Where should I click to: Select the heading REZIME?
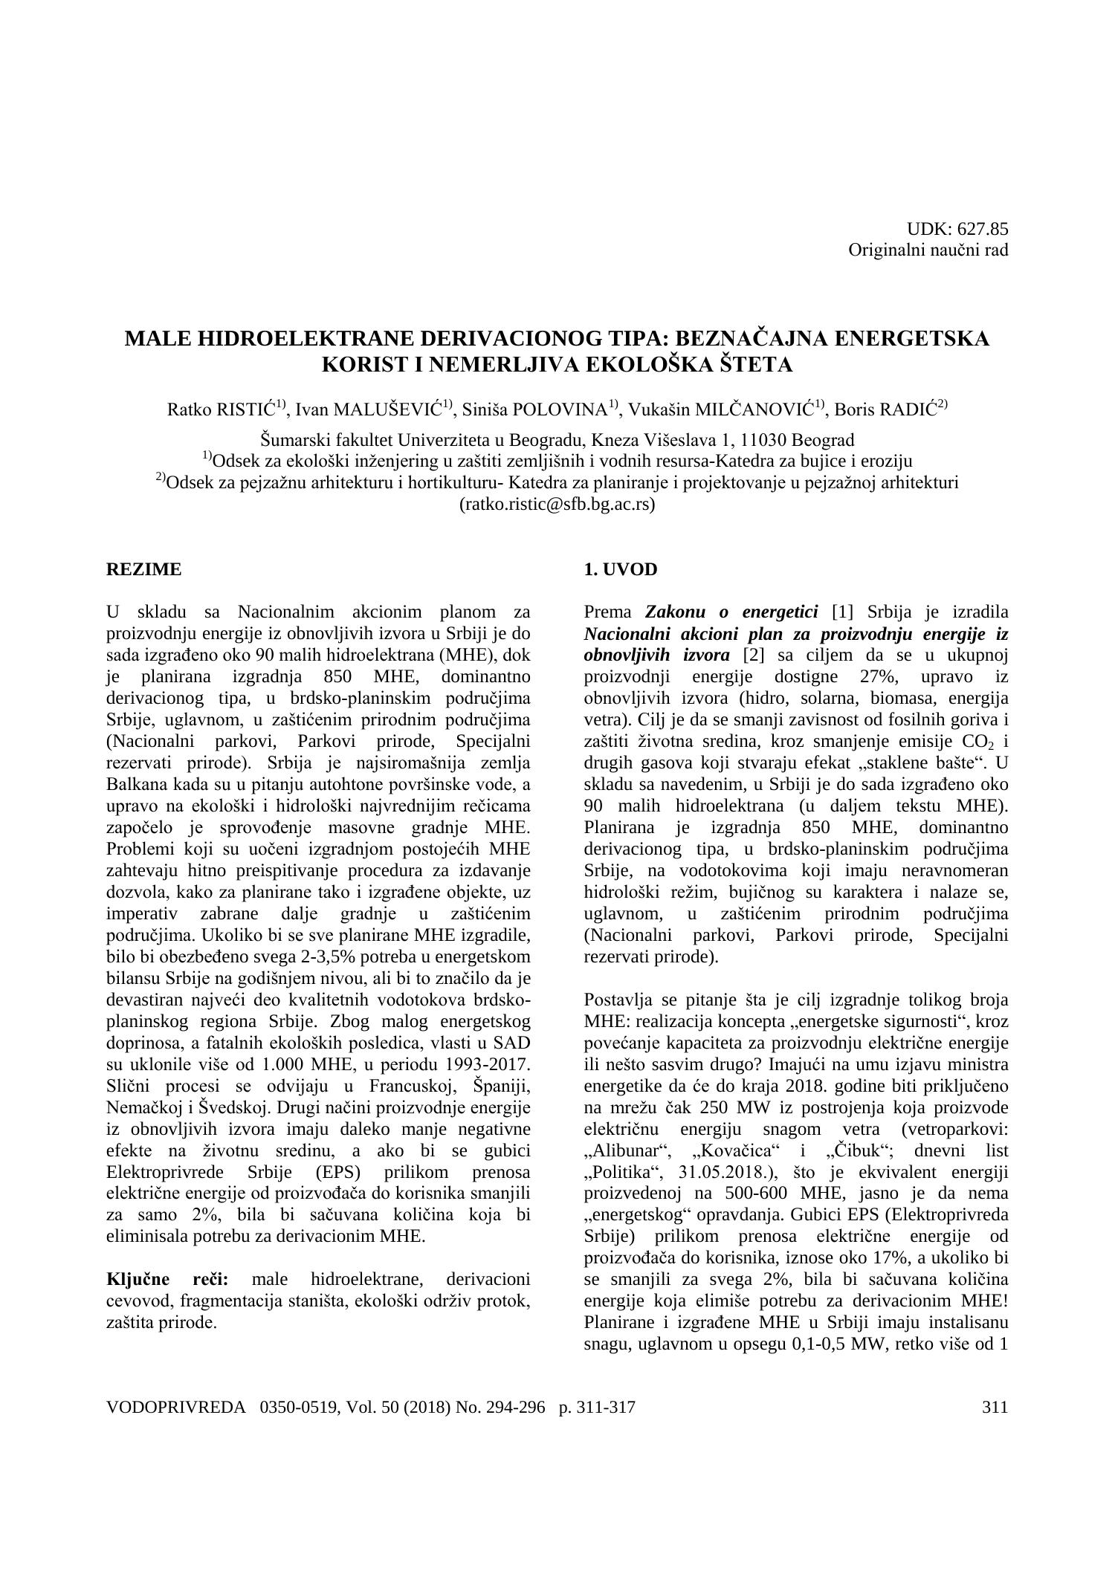143,570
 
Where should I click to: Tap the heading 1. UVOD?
621,570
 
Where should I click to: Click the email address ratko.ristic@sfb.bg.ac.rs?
557,505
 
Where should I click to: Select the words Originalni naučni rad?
928,250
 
